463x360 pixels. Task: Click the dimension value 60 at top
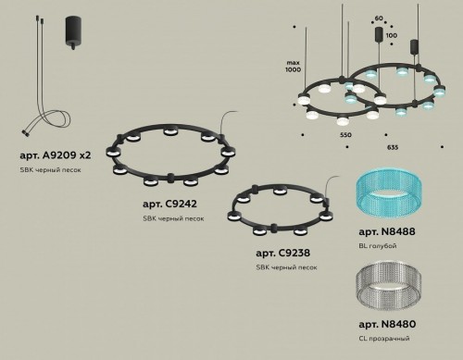[378, 18]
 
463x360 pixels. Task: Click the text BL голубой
[376, 245]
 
